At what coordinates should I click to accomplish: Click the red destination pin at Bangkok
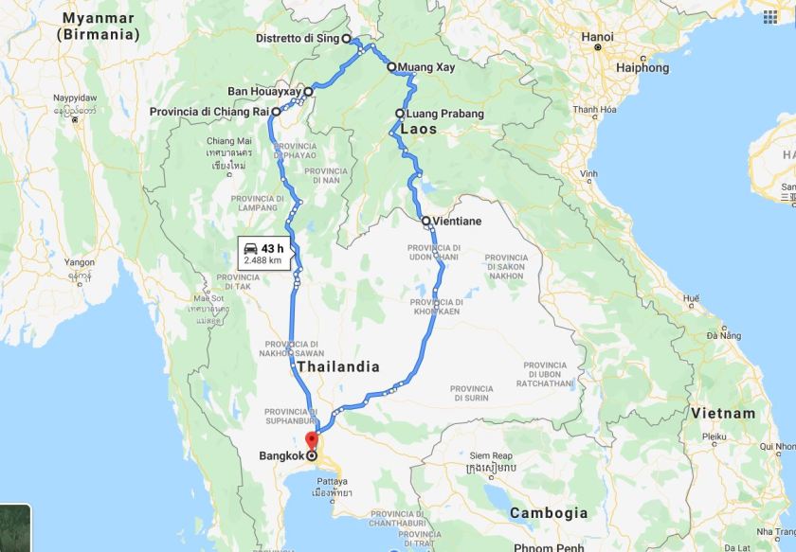[310, 440]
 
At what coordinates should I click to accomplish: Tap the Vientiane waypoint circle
[425, 221]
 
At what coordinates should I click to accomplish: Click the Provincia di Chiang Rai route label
[208, 112]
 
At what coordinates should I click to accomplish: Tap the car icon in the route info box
[253, 248]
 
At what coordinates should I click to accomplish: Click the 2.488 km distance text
[262, 259]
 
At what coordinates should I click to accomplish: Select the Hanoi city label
[598, 38]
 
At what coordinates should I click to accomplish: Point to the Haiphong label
[642, 67]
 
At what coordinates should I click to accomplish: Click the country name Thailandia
[338, 366]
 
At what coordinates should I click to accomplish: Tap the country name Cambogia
[549, 512]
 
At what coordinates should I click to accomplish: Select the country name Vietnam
[723, 413]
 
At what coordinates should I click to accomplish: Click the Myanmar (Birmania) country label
[98, 27]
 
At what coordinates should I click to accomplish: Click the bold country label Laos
[418, 129]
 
